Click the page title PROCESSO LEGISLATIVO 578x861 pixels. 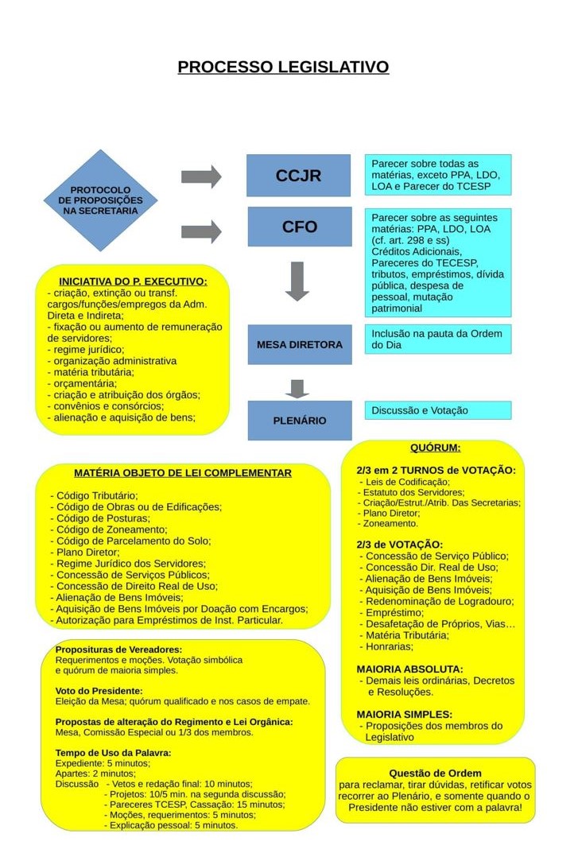click(283, 67)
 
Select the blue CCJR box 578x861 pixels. click(298, 176)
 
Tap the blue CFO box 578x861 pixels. click(299, 227)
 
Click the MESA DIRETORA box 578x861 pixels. click(299, 345)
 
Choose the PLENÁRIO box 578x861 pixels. click(299, 421)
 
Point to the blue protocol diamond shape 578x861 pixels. click(100, 200)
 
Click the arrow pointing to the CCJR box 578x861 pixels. click(201, 176)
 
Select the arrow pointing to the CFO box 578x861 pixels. click(201, 232)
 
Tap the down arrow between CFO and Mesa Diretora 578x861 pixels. click(297, 281)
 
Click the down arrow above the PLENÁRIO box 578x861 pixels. click(297, 388)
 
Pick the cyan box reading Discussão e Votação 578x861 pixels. click(438, 410)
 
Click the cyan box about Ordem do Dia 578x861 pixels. click(438, 339)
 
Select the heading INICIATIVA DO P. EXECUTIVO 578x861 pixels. click(133, 281)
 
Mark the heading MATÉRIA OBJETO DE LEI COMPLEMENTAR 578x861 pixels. click(183, 473)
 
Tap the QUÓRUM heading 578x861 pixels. click(435, 448)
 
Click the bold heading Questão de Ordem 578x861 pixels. click(435, 773)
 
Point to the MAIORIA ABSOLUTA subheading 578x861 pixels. click(409, 669)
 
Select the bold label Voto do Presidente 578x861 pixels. click(99, 691)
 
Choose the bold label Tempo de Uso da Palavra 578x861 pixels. click(113, 752)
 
